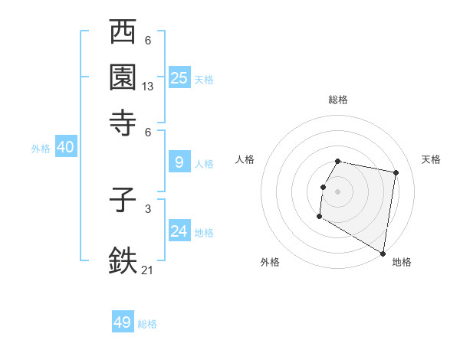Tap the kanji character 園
pos(123,77)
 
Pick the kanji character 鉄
pos(123,259)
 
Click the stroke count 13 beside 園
pos(148,87)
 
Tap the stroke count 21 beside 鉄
pos(148,269)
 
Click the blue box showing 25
pos(179,77)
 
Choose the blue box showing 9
pos(179,162)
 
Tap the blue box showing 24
pos(179,231)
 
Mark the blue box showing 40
pos(65,147)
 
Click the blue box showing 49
pos(123,322)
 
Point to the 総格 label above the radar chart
pos(338,100)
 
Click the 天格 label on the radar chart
pos(431,159)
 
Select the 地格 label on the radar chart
pos(402,262)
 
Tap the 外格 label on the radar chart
pos(270,262)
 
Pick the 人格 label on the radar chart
pos(245,159)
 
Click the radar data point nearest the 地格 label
pos(383,253)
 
